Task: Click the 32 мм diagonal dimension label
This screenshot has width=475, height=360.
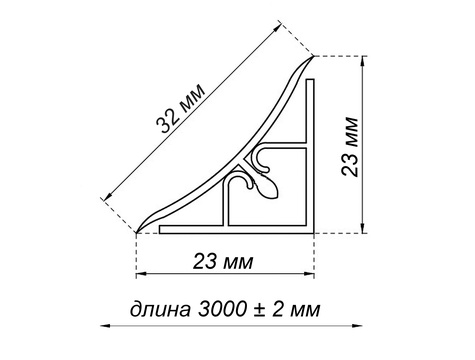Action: [x=181, y=109]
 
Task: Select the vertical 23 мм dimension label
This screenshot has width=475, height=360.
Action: [x=350, y=146]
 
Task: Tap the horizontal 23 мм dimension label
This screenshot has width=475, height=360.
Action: [x=223, y=261]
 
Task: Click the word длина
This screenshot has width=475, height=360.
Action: [x=160, y=309]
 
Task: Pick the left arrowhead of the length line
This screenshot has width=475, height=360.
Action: [x=106, y=325]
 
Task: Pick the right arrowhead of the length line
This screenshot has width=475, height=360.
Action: [x=357, y=325]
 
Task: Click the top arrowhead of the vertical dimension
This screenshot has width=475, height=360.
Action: [x=363, y=61]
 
